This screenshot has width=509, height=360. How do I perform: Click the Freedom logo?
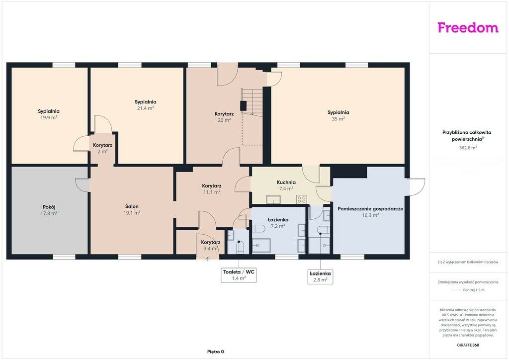click(x=468, y=27)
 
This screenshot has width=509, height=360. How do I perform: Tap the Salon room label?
click(x=132, y=206)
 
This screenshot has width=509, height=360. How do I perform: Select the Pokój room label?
click(x=49, y=207)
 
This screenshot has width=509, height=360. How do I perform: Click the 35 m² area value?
click(x=338, y=119)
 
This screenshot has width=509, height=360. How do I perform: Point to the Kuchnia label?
click(x=286, y=182)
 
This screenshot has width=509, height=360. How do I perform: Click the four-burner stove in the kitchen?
click(x=301, y=199)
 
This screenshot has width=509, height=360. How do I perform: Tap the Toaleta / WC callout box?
click(x=239, y=274)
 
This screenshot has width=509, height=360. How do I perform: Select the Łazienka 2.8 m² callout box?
click(x=320, y=276)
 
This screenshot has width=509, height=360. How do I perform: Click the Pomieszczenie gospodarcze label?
click(x=370, y=209)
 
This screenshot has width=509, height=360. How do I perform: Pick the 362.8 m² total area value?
click(x=468, y=147)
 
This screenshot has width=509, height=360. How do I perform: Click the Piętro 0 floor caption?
click(x=216, y=352)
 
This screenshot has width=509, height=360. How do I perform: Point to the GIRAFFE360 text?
click(x=468, y=345)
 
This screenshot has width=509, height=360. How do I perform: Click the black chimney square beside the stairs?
click(x=244, y=106)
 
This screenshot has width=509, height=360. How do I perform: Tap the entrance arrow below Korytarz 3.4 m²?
click(x=207, y=259)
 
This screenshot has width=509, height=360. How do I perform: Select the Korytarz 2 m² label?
click(x=102, y=148)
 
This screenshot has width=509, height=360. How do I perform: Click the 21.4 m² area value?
click(x=145, y=108)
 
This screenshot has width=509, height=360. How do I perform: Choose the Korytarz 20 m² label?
click(x=224, y=117)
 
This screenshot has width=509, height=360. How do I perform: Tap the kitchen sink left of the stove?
click(x=274, y=199)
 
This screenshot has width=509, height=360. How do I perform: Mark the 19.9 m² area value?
click(x=49, y=117)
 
